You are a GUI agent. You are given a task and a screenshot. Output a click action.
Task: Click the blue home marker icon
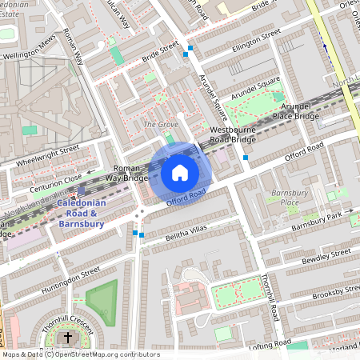point(180,173)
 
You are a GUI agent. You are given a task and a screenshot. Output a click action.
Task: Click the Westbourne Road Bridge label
point(232,134)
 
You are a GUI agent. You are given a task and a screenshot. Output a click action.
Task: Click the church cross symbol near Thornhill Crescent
point(67,339)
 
